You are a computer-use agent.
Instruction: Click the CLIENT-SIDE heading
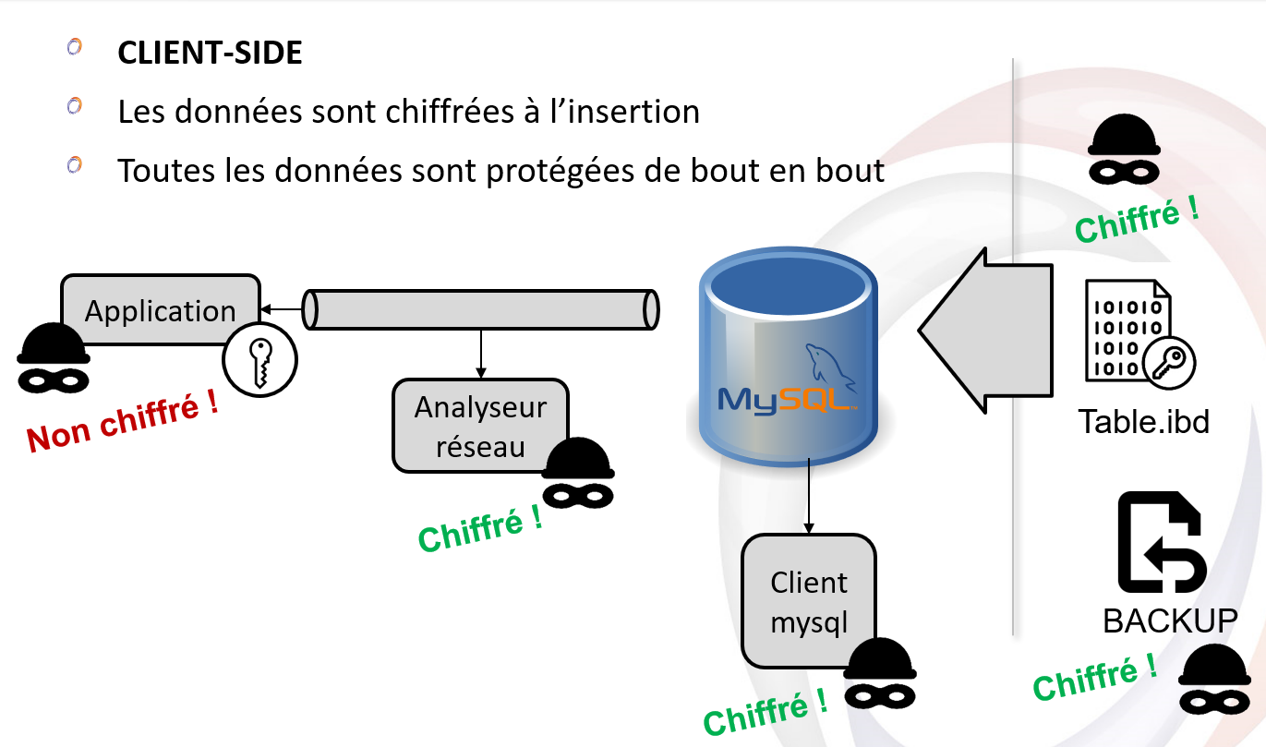point(210,53)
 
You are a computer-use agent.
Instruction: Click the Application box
point(160,310)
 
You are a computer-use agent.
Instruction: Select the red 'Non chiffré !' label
point(123,422)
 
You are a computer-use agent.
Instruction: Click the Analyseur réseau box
point(480,426)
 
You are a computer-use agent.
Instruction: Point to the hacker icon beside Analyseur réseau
point(577,472)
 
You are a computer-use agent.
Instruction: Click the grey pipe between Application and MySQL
point(480,309)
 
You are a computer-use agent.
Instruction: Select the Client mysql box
point(808,601)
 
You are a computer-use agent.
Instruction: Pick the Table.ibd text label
point(1143,422)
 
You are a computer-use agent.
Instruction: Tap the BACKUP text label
point(1169,620)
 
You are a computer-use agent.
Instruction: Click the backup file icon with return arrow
point(1160,542)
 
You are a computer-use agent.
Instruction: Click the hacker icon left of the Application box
point(54,357)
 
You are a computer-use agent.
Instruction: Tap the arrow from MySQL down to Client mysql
point(810,494)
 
